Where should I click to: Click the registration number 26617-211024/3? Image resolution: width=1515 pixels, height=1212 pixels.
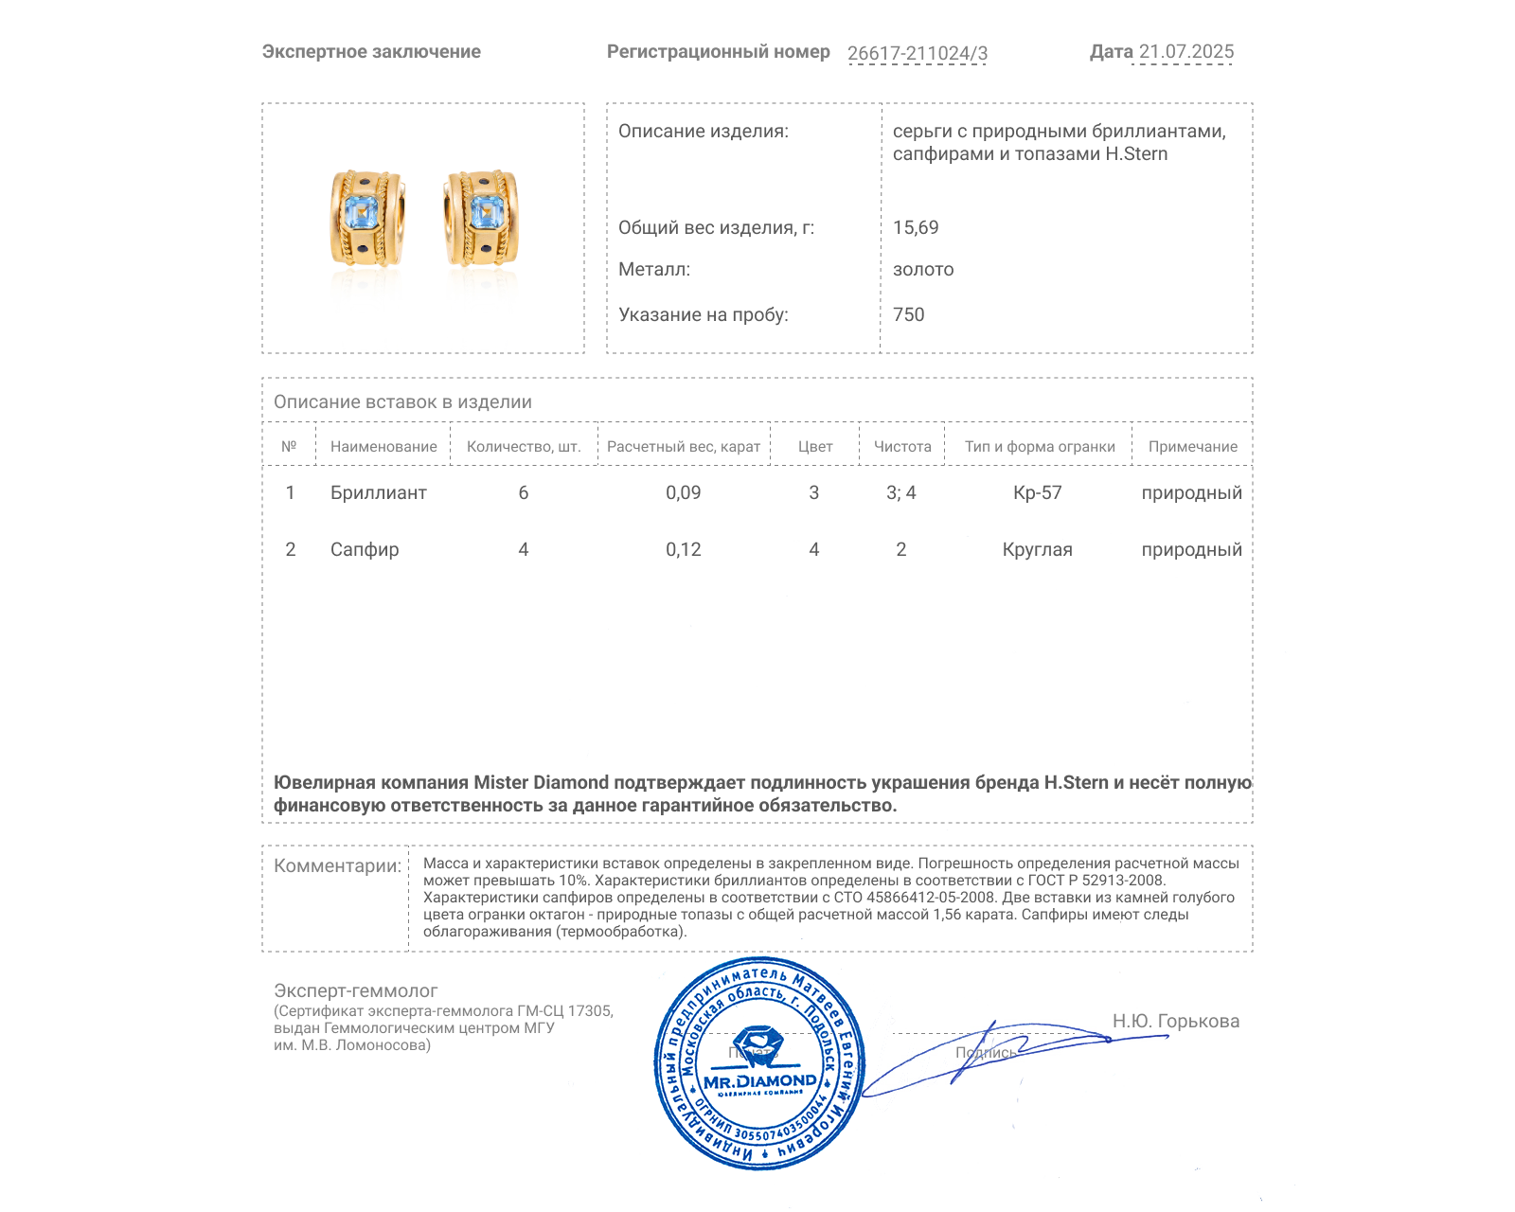917,53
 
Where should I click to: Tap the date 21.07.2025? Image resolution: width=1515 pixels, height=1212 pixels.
1185,52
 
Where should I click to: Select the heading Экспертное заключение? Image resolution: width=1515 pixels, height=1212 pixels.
371,52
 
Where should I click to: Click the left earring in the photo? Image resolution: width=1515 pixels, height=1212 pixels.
367,219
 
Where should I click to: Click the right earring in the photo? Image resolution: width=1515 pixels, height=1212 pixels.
482,219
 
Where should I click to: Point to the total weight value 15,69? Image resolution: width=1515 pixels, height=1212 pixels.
916,228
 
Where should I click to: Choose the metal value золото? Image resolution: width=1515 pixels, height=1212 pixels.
923,270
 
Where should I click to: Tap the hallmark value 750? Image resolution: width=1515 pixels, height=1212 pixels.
909,315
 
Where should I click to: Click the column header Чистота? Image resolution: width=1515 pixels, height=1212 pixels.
902,447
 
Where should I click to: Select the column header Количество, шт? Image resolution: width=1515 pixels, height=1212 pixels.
524,447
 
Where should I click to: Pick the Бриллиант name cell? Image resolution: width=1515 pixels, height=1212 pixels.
379,493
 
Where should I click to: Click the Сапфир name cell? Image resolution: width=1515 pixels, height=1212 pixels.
365,550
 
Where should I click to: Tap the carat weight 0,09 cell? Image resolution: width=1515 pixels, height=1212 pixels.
683,493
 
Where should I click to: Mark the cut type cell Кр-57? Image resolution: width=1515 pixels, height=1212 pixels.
1038,493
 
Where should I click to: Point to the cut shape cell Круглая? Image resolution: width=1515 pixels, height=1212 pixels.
1038,550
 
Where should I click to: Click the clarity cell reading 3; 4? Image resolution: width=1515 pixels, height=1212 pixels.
901,493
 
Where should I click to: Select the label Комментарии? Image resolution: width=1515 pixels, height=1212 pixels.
337,866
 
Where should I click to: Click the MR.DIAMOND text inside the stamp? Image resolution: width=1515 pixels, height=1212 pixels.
759,1081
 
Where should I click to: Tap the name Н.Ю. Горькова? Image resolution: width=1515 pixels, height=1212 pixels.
1175,1022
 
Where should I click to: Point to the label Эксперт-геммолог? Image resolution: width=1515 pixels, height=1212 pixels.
356,991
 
